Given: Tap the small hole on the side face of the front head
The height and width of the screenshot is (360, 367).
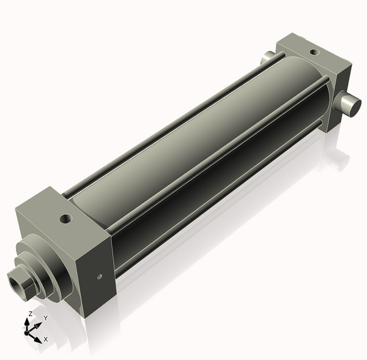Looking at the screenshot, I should pos(100,277).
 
